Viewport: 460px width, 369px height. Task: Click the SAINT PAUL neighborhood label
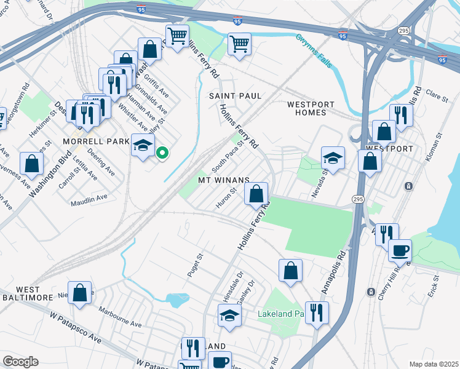point(235,96)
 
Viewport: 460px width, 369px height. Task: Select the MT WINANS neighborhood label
point(223,180)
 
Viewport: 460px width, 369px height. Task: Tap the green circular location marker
point(162,153)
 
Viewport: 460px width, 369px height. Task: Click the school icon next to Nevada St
point(333,158)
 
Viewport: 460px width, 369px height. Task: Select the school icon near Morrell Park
point(143,146)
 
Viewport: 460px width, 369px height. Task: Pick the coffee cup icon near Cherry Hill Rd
point(400,250)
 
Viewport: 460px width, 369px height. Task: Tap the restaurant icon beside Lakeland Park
point(317,312)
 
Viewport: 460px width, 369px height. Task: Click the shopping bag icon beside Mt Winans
point(256,193)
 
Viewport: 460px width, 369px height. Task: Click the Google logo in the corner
point(20,362)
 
